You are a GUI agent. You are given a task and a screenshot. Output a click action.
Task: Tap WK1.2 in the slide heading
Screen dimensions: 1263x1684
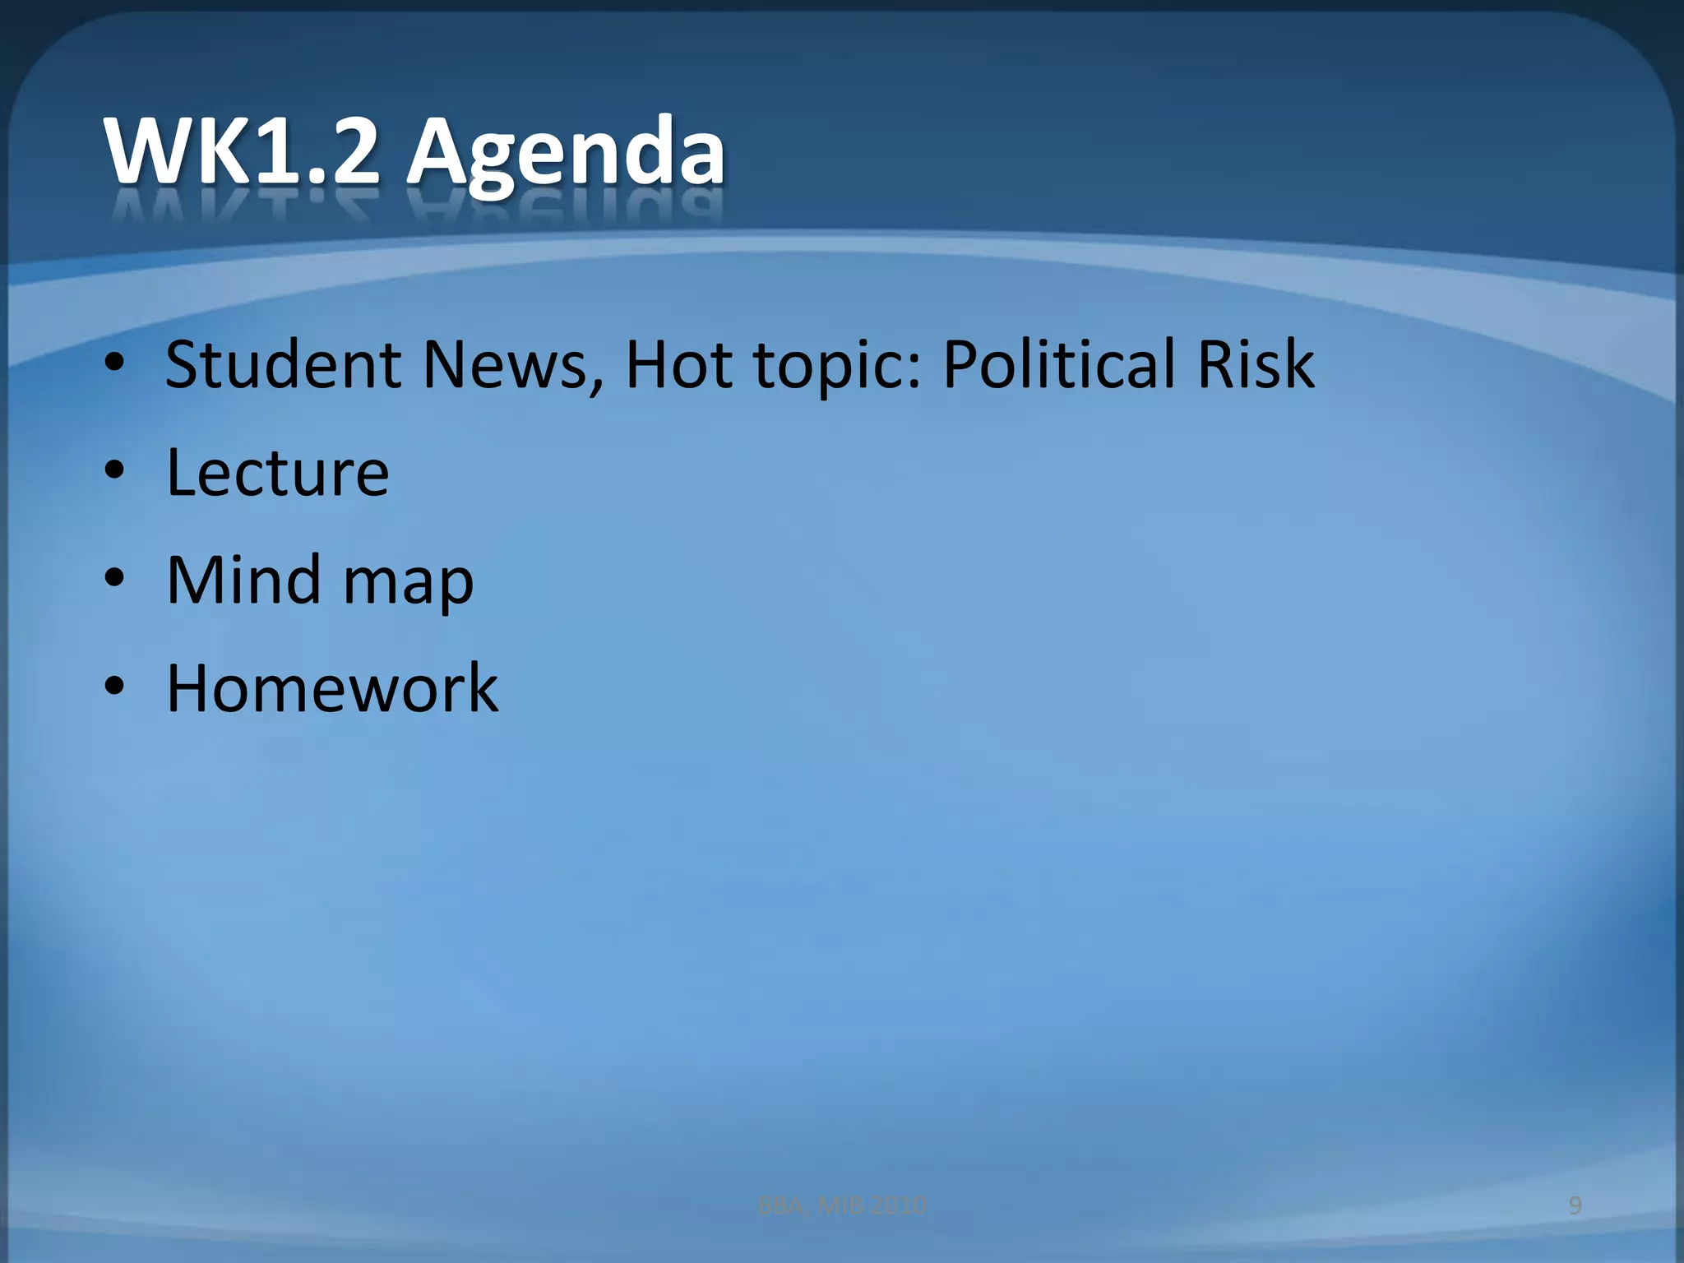pos(243,152)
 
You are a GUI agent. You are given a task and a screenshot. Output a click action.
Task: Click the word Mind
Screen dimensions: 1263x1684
pos(243,581)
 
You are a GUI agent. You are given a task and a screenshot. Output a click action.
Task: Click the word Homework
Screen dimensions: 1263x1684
pos(332,688)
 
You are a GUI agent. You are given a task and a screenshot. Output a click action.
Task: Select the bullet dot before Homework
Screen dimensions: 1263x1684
pos(115,687)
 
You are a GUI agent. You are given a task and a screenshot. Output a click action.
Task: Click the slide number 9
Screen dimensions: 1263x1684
pos(1575,1205)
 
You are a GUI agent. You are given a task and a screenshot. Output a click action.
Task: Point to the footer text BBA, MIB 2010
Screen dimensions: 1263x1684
pos(841,1205)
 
